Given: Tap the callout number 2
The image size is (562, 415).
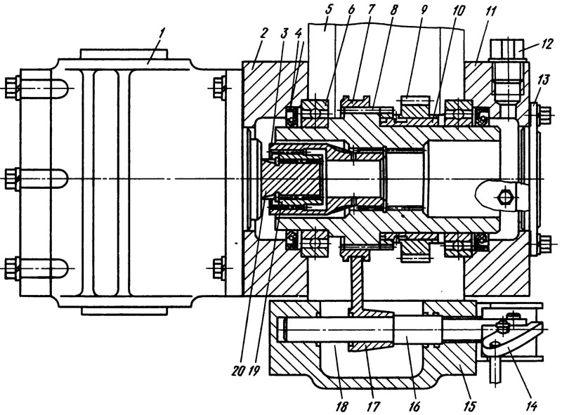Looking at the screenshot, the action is [x=263, y=33].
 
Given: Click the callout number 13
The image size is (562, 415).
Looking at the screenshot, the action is [x=544, y=79].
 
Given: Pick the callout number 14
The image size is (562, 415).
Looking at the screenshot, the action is [x=531, y=406].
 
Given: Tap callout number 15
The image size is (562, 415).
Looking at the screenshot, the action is [x=469, y=406].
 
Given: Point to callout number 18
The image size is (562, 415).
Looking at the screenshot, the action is [x=341, y=406].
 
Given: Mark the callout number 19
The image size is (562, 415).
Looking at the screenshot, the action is [x=254, y=371].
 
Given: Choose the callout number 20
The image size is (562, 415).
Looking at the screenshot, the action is [x=238, y=371].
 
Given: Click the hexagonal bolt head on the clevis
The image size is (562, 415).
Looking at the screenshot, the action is [x=505, y=197].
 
